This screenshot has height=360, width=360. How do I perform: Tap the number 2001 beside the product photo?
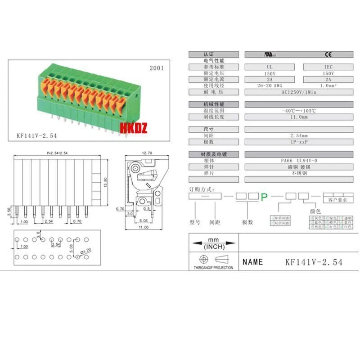coord(156,69)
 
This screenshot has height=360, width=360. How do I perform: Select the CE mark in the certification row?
coord(329,54)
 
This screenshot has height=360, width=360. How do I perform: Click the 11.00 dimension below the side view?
coord(143,228)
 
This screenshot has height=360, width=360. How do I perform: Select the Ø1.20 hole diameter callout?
coord(85,250)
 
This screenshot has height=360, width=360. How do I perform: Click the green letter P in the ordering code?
coord(265,196)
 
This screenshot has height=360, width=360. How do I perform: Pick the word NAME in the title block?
coord(253,262)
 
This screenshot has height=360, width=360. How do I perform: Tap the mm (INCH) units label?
coord(213,243)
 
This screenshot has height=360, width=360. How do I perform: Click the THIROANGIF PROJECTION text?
coord(213,268)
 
